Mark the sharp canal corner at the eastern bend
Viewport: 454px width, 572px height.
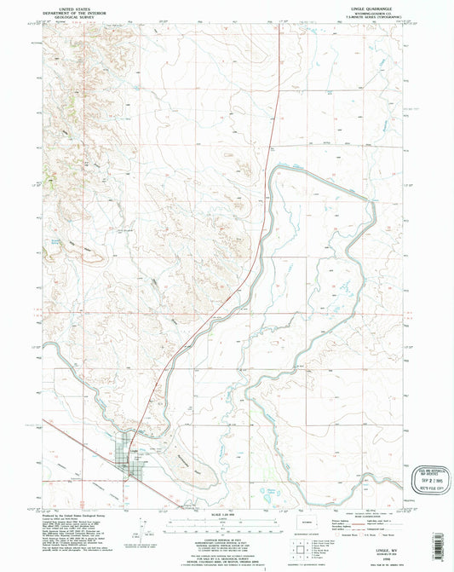372,199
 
